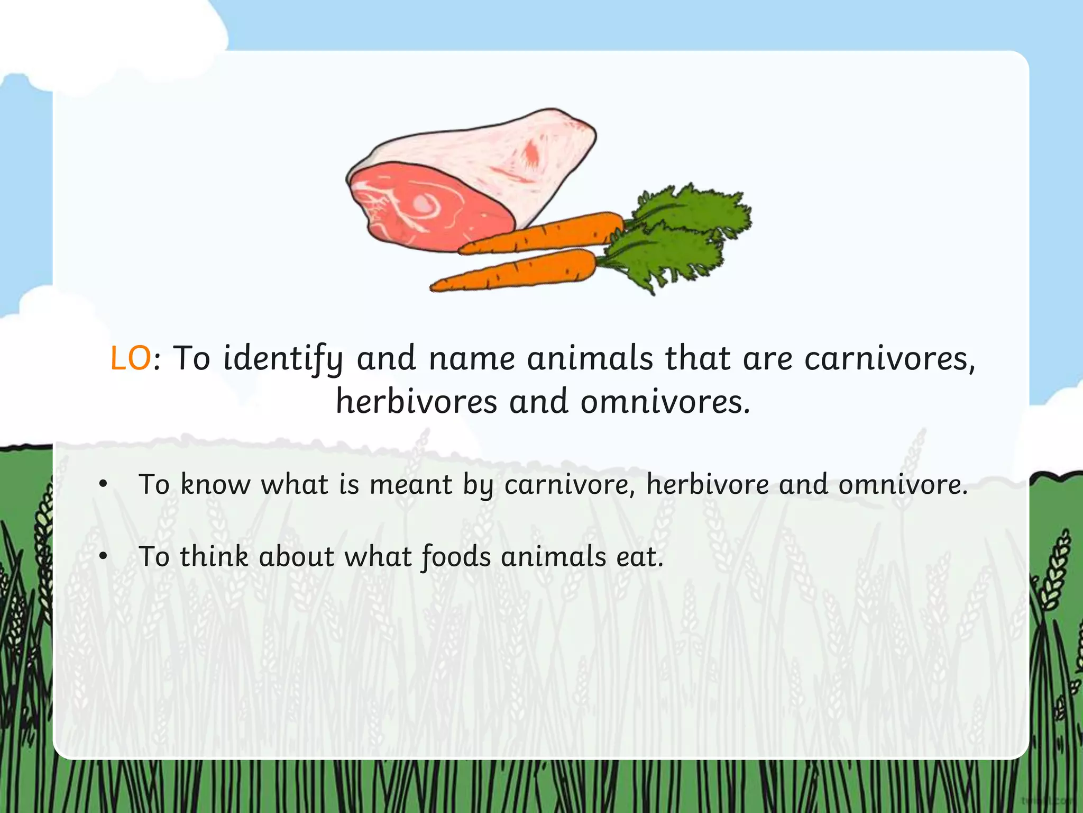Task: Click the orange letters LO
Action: pos(130,358)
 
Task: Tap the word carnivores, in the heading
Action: pos(889,358)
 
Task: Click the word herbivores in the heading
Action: pos(416,402)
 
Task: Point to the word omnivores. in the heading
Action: pos(665,402)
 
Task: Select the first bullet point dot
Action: pos(103,484)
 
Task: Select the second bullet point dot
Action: pos(103,556)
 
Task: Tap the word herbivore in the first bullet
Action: pos(707,484)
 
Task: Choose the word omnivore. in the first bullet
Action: pos(903,484)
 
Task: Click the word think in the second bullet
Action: pos(214,557)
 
